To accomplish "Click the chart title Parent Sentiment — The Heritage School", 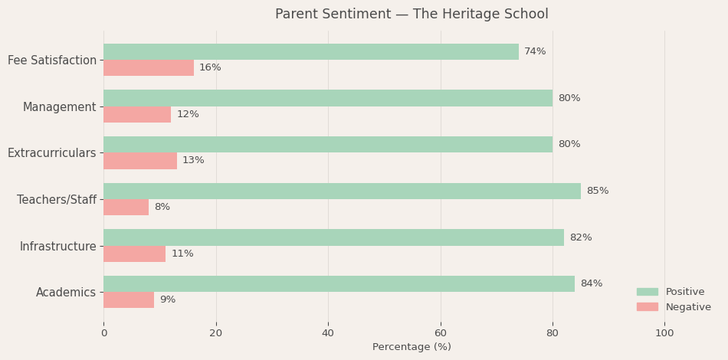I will pos(412,15).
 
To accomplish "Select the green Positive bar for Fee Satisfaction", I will pos(310,51).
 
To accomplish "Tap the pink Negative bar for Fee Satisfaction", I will pos(149,68).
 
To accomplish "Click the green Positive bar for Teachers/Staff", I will pos(342,191).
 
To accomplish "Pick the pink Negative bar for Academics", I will pos(129,300).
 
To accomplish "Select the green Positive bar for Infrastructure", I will pos(333,237).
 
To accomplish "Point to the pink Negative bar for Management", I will pos(137,114).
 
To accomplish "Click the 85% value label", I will pos(597,191).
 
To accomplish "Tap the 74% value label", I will pos(535,51).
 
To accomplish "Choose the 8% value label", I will pos(162,207).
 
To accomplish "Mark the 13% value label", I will pos(193,161).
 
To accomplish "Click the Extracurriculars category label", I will pos(52,153).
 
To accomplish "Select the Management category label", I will pos(60,107).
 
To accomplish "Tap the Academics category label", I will pos(66,293).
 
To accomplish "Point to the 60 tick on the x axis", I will pos(440,333).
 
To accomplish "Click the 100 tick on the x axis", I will pos(664,333).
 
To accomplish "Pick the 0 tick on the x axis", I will pos(104,333).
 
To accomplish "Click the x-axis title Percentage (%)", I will pos(412,347).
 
